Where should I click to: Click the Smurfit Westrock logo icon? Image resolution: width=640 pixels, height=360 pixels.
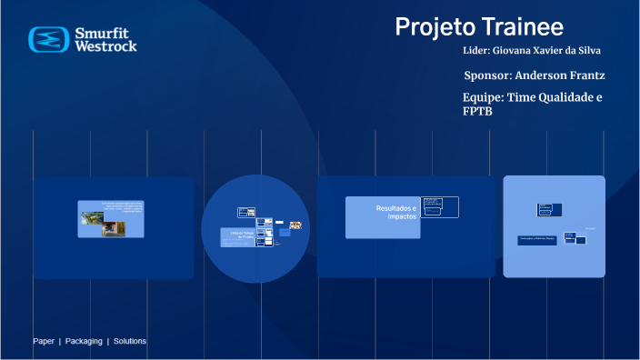tap(48, 39)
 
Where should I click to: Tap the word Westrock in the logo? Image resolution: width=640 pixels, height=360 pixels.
tap(105, 45)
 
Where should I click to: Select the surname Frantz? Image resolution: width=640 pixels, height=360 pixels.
tap(584, 75)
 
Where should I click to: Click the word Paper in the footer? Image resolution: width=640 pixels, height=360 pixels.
tap(44, 341)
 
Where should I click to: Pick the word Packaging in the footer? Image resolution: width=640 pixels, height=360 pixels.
tap(83, 341)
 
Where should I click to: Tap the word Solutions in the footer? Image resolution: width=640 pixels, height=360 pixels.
tap(130, 341)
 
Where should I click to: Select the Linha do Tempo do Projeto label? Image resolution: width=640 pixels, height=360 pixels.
tap(235, 235)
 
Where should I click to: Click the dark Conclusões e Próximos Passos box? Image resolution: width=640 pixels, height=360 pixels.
tap(535, 240)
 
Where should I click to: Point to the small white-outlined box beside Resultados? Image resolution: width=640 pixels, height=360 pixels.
tap(440, 207)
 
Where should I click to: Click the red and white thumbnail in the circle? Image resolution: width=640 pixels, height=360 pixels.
tap(295, 225)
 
